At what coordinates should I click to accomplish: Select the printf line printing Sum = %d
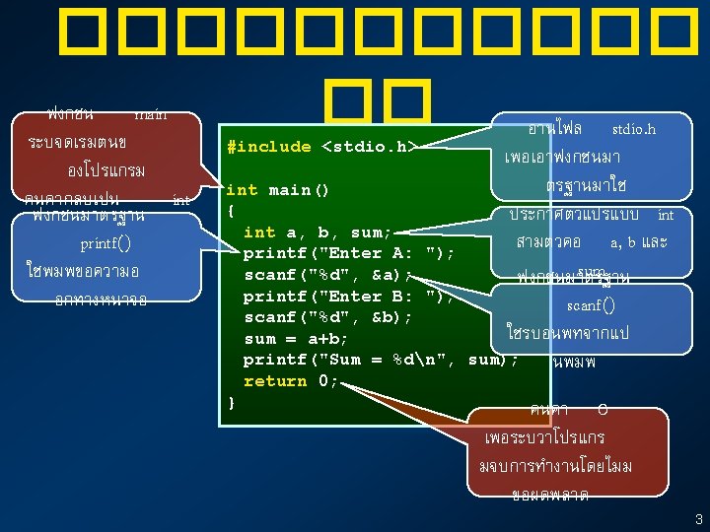coord(381,360)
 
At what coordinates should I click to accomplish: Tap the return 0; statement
coord(291,381)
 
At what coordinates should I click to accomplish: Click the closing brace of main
coord(231,402)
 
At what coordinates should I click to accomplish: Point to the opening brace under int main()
coord(231,211)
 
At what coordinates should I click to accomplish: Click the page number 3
coord(698,519)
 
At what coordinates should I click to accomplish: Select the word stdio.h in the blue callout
coord(633,129)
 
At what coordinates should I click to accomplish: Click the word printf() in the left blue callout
coord(106,243)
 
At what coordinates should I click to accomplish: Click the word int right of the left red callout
coord(180,199)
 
